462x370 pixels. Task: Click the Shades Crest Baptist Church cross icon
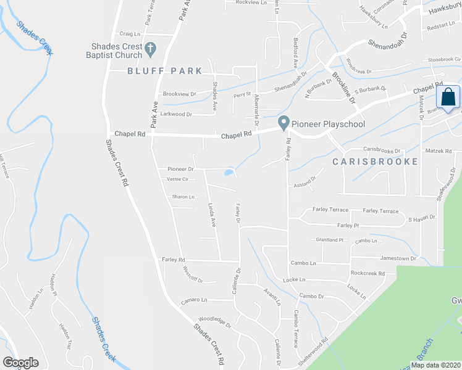(149, 48)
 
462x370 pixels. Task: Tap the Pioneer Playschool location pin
(283, 123)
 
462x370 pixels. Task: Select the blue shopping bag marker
(447, 97)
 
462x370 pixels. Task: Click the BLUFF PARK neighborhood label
(165, 71)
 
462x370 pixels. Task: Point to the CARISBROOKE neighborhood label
(376, 162)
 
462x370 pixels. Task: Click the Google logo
(21, 363)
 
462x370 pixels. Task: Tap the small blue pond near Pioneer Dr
(230, 171)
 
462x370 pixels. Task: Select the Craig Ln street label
(130, 35)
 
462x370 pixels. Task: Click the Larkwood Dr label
(176, 114)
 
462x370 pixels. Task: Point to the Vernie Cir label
(177, 179)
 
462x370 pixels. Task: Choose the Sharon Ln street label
(183, 197)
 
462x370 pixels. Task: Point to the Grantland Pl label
(329, 239)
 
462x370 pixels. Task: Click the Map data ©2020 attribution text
(435, 364)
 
